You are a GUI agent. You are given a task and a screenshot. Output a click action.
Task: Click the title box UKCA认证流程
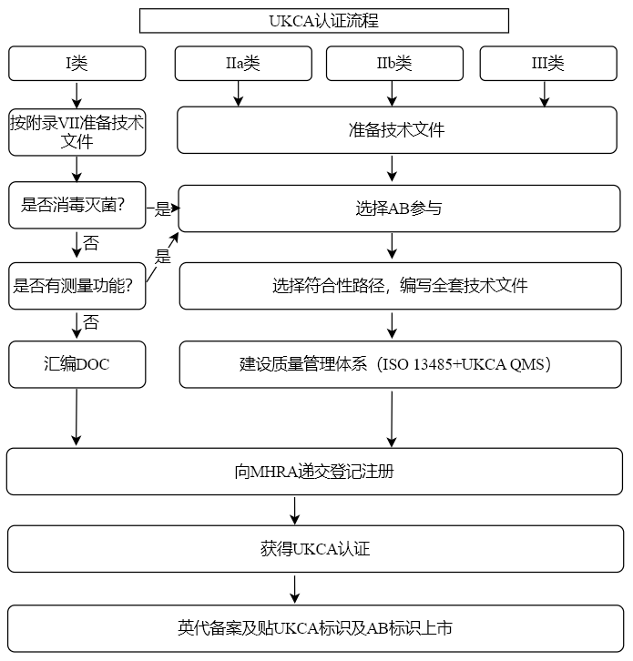coord(323,20)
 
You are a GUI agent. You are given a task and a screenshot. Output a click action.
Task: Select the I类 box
coord(77,63)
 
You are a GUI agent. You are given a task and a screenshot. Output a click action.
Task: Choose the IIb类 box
coord(394,63)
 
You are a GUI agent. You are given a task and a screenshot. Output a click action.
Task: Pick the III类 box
coord(547,63)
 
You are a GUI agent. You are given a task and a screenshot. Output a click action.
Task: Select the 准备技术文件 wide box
coord(396,130)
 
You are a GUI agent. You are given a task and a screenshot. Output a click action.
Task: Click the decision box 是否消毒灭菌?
coord(77,206)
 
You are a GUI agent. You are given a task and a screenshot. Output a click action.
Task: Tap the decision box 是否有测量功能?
coord(77,285)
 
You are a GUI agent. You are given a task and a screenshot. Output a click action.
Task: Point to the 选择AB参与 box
coord(398,208)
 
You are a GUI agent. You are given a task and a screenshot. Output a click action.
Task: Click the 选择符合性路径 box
coord(400,286)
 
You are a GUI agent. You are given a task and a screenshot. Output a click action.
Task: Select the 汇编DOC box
coord(77,364)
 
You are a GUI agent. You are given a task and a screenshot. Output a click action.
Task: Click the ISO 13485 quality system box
coord(400,364)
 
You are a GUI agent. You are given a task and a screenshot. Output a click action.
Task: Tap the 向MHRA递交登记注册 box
coord(314,472)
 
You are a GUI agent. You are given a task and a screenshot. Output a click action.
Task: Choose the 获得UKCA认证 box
coord(314,549)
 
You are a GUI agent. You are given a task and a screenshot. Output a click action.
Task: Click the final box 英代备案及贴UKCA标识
coord(314,628)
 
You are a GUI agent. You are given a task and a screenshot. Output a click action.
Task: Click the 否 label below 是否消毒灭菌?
coord(91,243)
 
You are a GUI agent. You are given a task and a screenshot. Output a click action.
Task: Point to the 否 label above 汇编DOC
coord(91,322)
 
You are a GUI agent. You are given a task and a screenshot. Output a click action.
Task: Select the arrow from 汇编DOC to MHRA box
coord(77,418)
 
